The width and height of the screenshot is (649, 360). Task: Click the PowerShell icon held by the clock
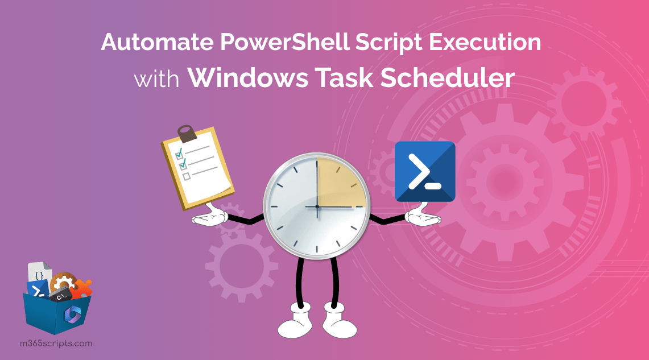click(x=425, y=171)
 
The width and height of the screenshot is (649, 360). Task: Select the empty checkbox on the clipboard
click(x=186, y=176)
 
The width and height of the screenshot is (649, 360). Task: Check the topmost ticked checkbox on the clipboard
click(x=179, y=153)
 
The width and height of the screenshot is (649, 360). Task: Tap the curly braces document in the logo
click(x=39, y=275)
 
